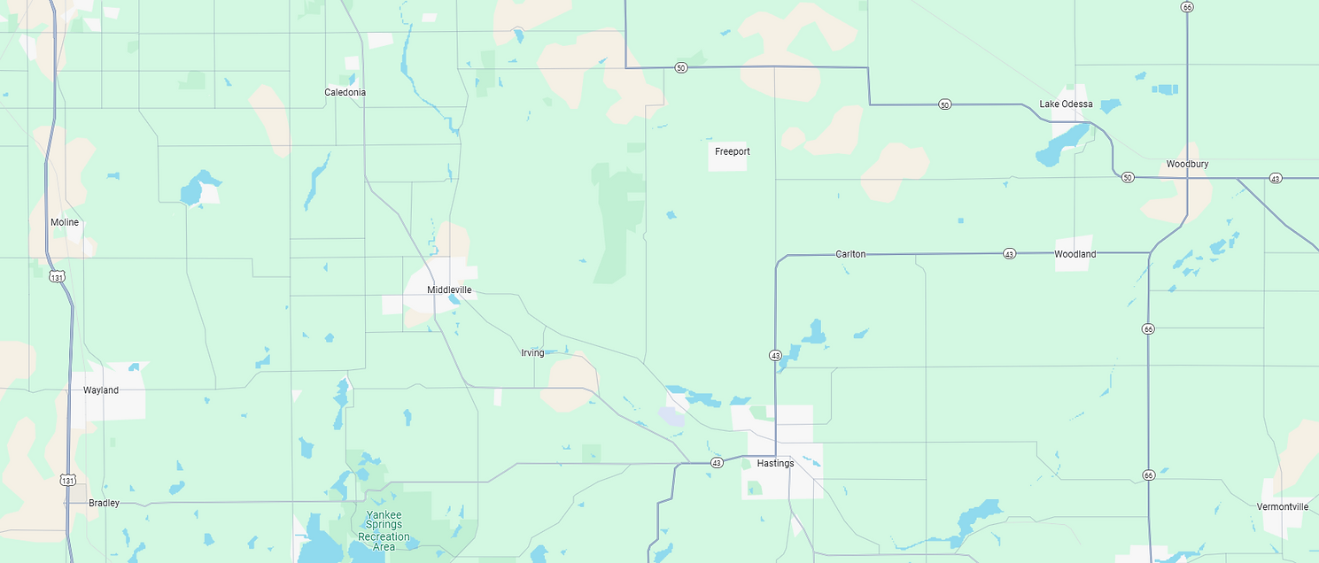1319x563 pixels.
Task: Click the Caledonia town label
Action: (x=345, y=92)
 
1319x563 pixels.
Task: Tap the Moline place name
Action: (x=65, y=222)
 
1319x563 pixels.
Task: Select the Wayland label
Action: (x=101, y=390)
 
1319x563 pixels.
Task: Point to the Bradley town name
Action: (x=104, y=503)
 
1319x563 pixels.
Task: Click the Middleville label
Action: (x=449, y=289)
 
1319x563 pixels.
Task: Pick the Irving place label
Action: (x=532, y=353)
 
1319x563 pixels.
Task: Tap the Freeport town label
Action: (x=733, y=151)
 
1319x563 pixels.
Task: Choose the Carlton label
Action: (x=850, y=254)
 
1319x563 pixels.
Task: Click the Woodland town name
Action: (x=1075, y=254)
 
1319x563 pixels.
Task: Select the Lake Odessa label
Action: (x=1066, y=104)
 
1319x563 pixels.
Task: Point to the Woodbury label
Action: (x=1187, y=164)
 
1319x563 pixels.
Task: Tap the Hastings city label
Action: (x=775, y=463)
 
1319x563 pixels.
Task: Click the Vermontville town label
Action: (x=1282, y=506)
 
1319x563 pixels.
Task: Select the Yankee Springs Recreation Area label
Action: (x=384, y=531)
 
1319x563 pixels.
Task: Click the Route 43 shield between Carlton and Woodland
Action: (x=1009, y=254)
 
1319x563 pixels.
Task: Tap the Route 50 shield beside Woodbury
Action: (x=1127, y=177)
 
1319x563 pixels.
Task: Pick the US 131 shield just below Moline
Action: (x=58, y=276)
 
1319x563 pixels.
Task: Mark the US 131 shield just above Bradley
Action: (x=68, y=479)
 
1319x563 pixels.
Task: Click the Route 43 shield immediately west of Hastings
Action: (x=716, y=462)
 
